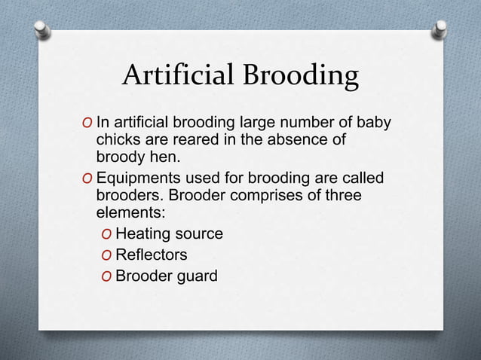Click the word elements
(128, 213)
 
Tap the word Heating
(142, 234)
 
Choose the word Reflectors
(151, 255)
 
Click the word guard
(195, 276)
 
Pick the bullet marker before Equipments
(88, 178)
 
